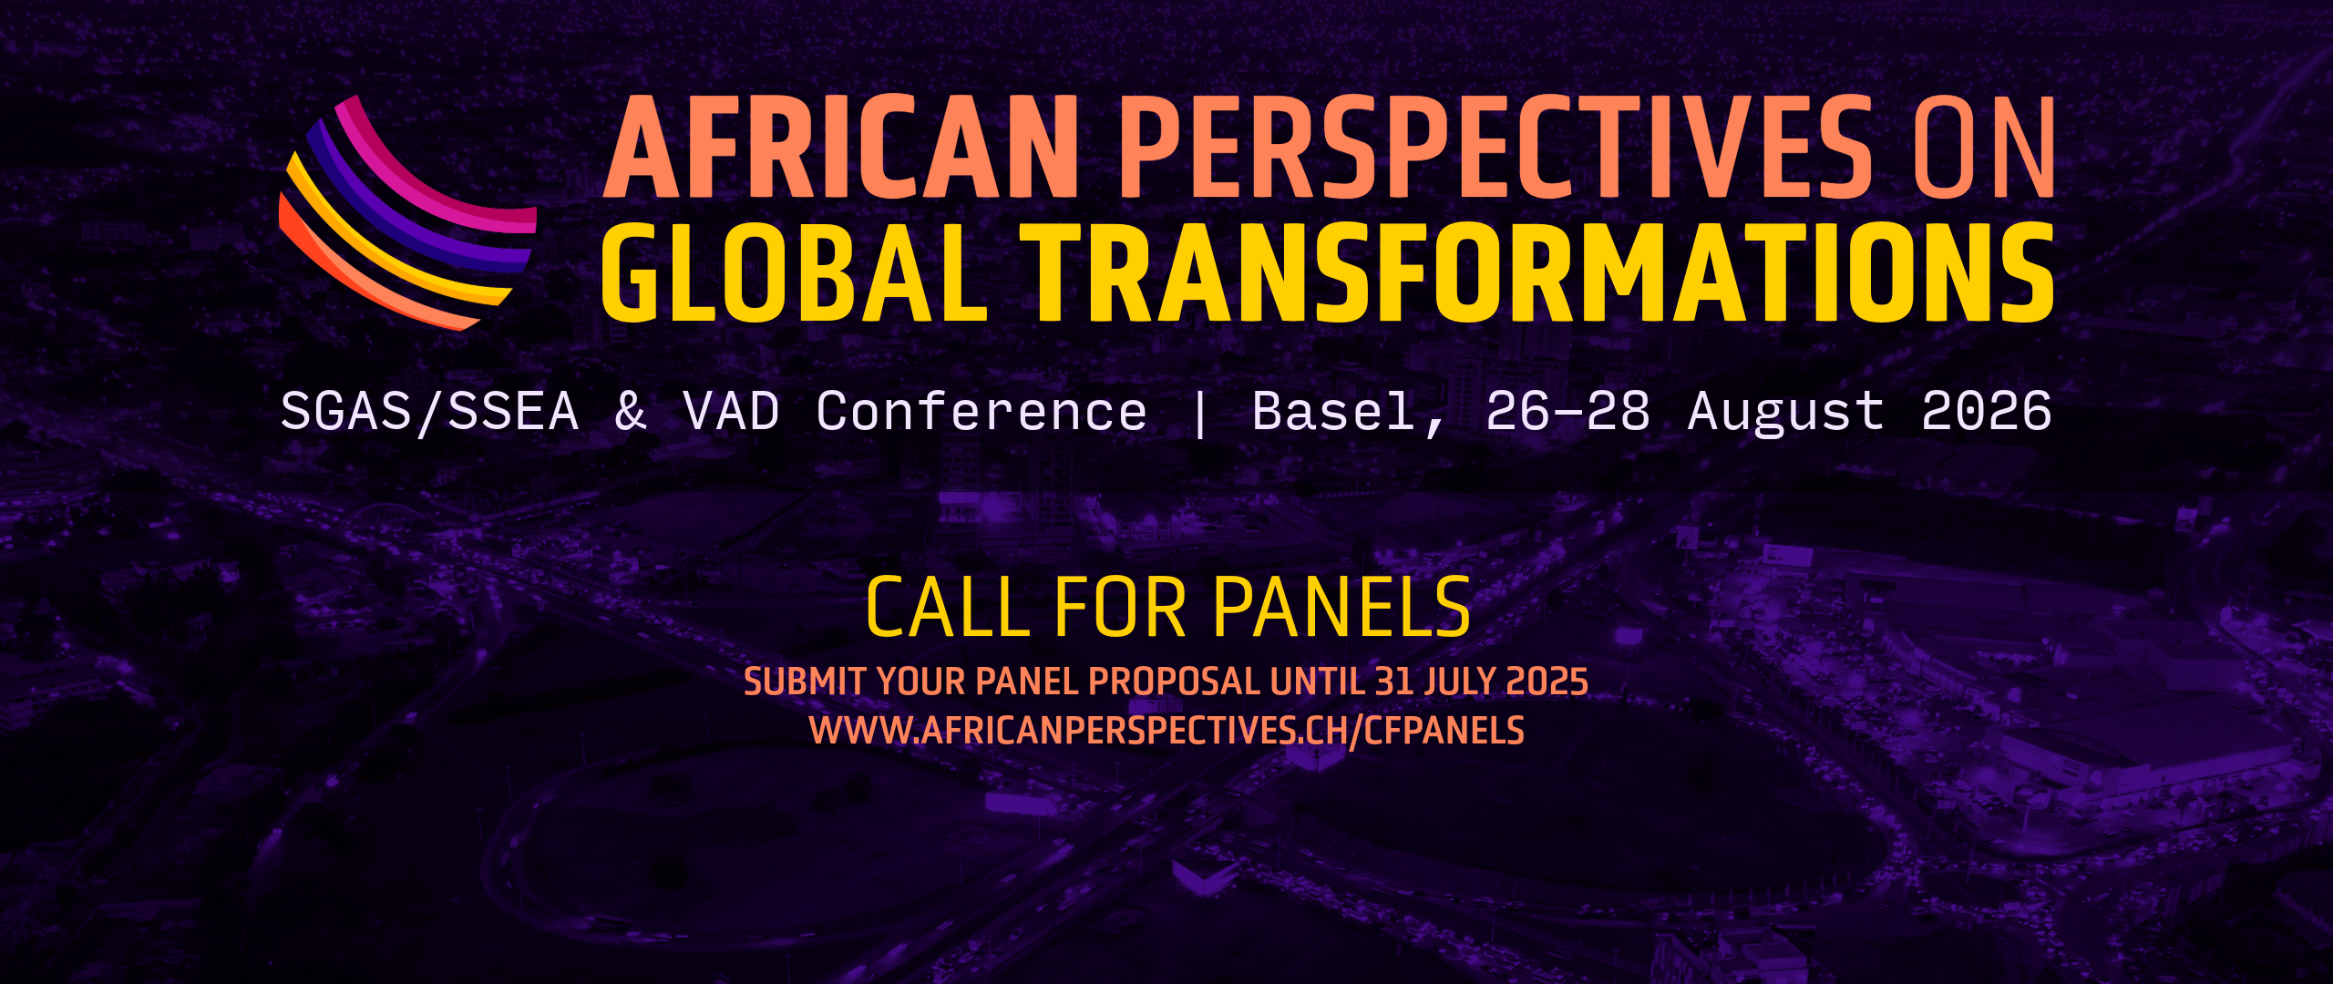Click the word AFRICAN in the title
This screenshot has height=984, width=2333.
coord(841,147)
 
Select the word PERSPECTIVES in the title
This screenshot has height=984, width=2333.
coord(1495,147)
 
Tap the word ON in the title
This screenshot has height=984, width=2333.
coord(1983,147)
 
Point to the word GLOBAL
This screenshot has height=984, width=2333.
coord(794,272)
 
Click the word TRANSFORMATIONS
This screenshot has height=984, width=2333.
coord(1536,272)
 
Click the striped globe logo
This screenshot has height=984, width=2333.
coord(407,212)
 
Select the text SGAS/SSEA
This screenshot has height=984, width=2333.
coord(430,412)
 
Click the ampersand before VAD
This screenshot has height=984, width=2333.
coord(631,412)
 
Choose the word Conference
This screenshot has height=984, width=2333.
coord(982,412)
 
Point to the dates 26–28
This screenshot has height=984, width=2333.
coord(1568,412)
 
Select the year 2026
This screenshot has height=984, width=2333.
coord(1987,412)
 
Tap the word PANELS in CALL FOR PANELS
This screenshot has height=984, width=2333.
coord(1342,607)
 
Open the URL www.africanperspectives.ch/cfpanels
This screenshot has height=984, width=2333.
coord(1166,731)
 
